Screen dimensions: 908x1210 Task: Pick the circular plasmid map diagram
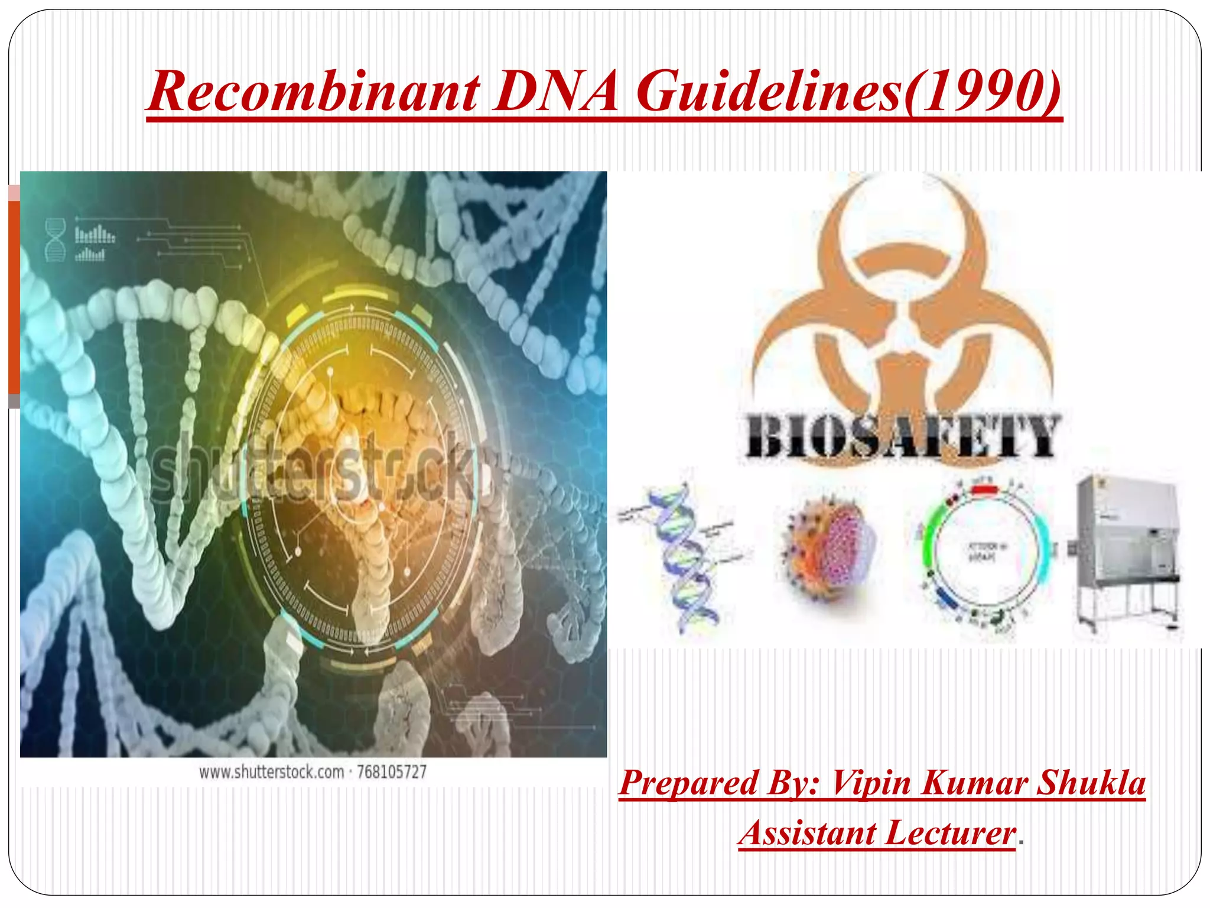(x=984, y=553)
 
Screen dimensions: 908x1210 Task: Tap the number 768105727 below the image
(x=392, y=772)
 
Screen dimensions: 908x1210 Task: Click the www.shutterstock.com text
(x=271, y=772)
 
